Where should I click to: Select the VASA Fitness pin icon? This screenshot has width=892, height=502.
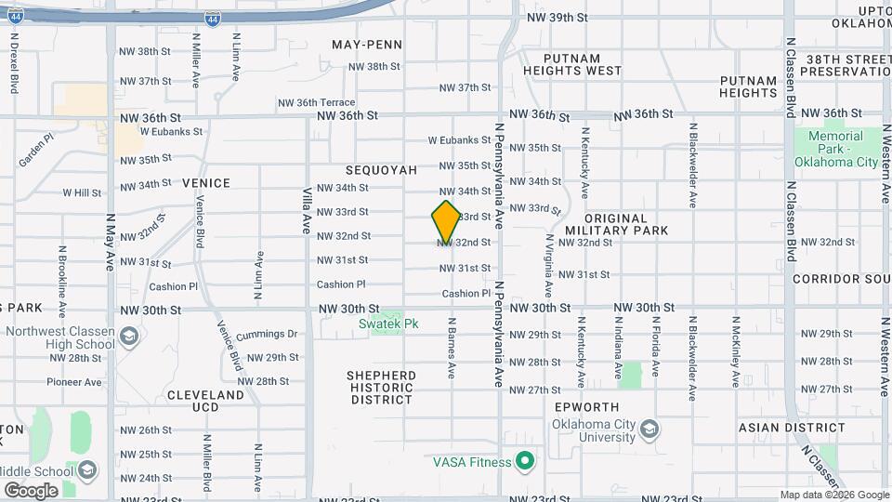[525, 461]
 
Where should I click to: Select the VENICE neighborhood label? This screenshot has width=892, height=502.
[206, 183]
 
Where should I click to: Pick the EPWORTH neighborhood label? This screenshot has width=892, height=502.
[586, 407]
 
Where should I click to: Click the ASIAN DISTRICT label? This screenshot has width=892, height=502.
[793, 429]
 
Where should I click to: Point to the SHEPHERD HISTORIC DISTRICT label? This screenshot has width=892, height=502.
[381, 388]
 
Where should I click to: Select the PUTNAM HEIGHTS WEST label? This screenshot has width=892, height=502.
[571, 64]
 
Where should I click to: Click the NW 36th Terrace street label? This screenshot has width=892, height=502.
[315, 102]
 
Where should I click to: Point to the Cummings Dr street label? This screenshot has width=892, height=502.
[267, 334]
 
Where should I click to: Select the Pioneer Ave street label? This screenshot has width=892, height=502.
[74, 382]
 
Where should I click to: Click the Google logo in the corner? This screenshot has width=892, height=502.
[31, 490]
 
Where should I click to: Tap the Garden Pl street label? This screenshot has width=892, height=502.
[35, 149]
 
